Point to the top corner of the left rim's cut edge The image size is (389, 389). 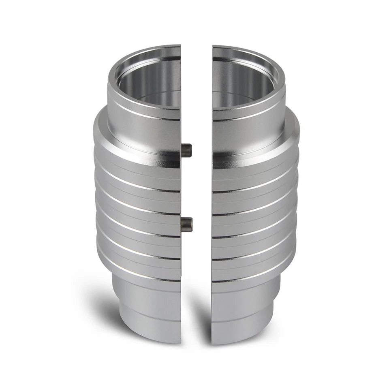coord(180,46)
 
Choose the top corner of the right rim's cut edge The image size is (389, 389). coord(213,46)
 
